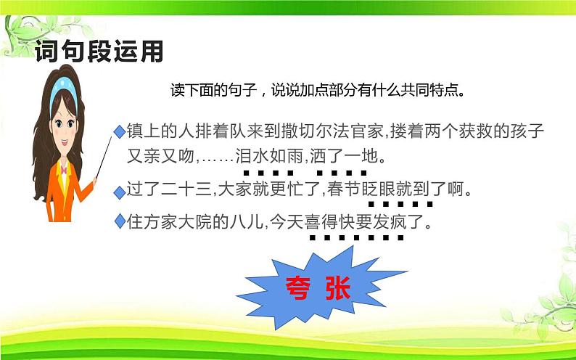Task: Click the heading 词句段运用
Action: tap(99, 52)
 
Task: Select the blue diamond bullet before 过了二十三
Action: tap(119, 192)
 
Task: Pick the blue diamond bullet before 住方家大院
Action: tap(119, 222)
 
